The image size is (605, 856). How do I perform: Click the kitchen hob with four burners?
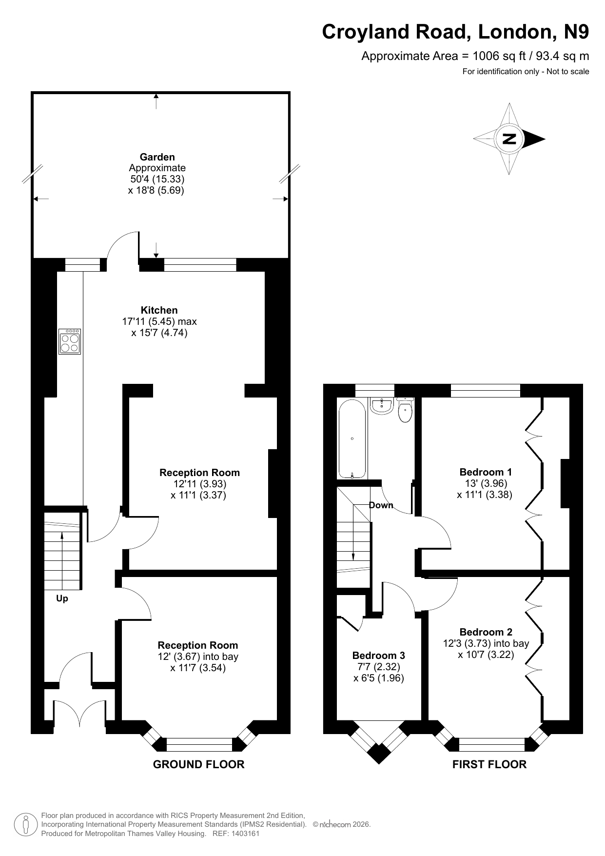(69, 341)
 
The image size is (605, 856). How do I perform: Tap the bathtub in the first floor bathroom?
(352, 439)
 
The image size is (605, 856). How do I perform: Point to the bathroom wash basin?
(381, 405)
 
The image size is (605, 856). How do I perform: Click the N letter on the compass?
(509, 139)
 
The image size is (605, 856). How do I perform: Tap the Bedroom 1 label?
(486, 472)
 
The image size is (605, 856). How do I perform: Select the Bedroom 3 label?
(379, 656)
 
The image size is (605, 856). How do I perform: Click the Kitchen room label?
(159, 310)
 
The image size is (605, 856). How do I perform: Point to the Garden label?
(157, 157)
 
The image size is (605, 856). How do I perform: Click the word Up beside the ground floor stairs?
(62, 598)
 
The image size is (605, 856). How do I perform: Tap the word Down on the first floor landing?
(381, 505)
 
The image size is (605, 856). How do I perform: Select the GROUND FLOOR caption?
(199, 764)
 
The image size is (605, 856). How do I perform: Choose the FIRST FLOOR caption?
(489, 764)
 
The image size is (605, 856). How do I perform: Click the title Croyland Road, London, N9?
(455, 32)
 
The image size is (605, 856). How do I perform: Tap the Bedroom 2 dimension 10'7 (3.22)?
(486, 655)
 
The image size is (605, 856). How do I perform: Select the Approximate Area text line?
(475, 56)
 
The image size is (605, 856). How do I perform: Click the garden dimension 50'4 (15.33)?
(157, 179)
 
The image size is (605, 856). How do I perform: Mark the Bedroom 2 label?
(486, 632)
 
